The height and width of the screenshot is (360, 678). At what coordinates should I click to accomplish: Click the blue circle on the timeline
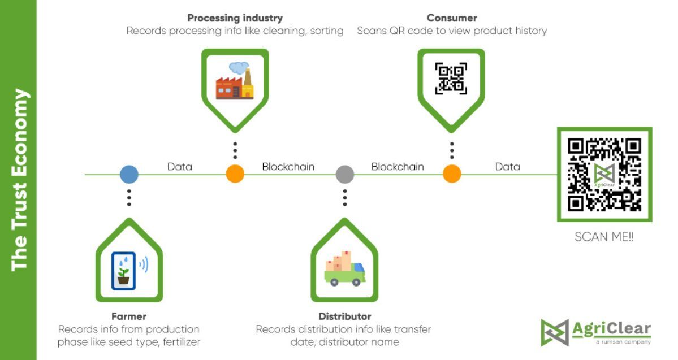pos(129,174)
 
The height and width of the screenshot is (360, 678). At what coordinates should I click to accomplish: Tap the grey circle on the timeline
pos(344,174)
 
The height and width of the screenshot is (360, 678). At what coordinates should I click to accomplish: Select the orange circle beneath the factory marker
pos(235,174)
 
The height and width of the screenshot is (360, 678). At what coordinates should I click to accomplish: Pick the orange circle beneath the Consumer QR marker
pos(452,174)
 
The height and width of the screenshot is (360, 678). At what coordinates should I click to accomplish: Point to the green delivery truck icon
pos(344,268)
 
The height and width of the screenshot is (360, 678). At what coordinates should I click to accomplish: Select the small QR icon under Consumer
pos(451,78)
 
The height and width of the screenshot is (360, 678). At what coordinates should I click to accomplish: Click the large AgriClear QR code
pos(604,174)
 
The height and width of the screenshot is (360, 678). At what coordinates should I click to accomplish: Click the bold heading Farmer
pos(128,316)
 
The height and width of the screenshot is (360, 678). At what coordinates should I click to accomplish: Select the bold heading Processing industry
pos(235,18)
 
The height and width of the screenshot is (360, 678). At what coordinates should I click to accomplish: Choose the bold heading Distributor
pos(344,316)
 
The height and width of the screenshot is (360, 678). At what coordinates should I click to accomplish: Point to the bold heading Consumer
pos(452,18)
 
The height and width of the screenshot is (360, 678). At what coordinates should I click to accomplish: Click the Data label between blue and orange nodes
pos(180,167)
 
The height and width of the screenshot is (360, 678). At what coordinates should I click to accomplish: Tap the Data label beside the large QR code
pos(507,167)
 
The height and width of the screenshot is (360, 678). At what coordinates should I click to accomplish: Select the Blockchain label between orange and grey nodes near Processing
pos(288,167)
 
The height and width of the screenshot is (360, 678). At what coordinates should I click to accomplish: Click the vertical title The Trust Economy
pos(19,180)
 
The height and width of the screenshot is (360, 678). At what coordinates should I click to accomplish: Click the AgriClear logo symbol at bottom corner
pos(554,332)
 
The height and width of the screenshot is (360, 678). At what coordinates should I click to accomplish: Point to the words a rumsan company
pos(623,342)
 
